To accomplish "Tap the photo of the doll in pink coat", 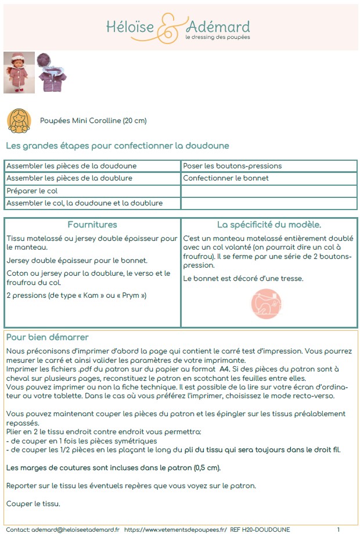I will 19,73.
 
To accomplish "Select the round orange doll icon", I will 19,120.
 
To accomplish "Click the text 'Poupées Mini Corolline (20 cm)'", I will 93,121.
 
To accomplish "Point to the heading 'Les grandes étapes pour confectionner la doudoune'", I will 117,145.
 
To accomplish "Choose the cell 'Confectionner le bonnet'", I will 226,178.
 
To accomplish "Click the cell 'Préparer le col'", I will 32,191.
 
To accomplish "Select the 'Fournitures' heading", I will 92,225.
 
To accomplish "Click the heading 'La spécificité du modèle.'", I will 269,225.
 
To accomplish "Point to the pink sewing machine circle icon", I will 265,302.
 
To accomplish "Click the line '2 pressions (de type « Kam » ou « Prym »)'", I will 76,295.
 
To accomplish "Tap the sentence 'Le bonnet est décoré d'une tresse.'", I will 243,279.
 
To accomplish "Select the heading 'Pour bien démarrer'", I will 47,337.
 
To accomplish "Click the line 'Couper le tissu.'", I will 33,503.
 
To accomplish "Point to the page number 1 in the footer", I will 338,529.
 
